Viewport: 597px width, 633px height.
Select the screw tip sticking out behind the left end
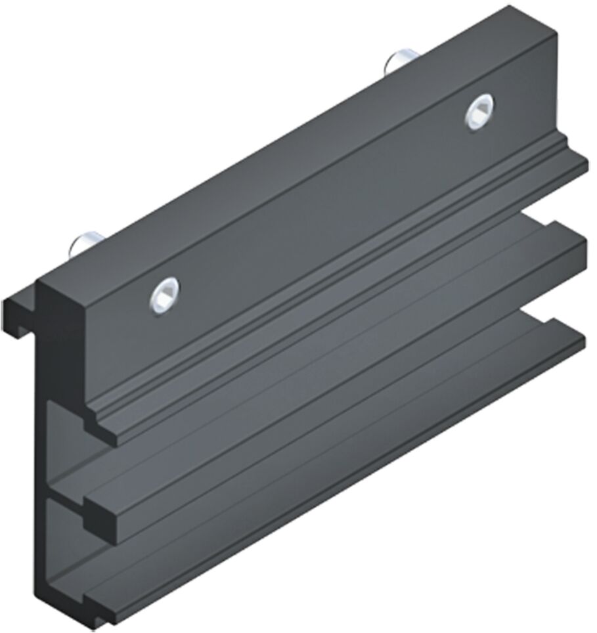pos(84,245)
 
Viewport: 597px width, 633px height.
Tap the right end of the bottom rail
pos(575,338)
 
